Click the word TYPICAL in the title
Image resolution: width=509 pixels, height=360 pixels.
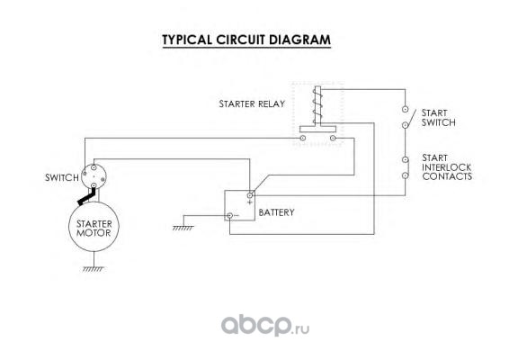pyautogui.click(x=187, y=40)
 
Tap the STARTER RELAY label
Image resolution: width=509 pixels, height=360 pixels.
pyautogui.click(x=252, y=104)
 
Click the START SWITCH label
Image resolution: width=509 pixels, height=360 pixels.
pyautogui.click(x=438, y=118)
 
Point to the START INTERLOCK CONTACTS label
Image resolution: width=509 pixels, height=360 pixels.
pyautogui.click(x=447, y=167)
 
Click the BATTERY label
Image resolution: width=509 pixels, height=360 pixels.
pyautogui.click(x=277, y=212)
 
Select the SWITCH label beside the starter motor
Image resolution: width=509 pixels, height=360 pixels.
pyautogui.click(x=62, y=177)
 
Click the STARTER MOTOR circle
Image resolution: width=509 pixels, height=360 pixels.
pyautogui.click(x=94, y=227)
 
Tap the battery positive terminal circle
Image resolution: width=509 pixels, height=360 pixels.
pyautogui.click(x=250, y=195)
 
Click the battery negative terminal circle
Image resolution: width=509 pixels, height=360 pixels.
pyautogui.click(x=229, y=215)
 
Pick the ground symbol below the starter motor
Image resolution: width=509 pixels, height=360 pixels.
pyautogui.click(x=94, y=269)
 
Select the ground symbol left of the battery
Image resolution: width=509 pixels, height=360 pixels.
pyautogui.click(x=183, y=228)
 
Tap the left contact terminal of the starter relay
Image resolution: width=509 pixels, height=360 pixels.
pyautogui.click(x=302, y=138)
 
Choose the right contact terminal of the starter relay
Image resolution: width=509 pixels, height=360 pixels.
pyautogui.click(x=333, y=138)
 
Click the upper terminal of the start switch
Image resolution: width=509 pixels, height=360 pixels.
pyautogui.click(x=405, y=109)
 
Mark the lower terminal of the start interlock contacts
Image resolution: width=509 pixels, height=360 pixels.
pyautogui.click(x=405, y=175)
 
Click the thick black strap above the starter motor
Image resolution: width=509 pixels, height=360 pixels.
pyautogui.click(x=86, y=197)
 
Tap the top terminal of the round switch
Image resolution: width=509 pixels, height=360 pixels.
pyautogui.click(x=94, y=167)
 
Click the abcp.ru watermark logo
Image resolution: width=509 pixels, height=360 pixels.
pyautogui.click(x=265, y=326)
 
